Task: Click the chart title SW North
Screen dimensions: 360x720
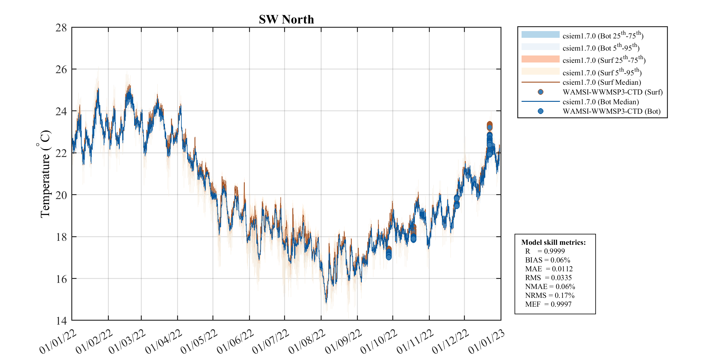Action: tap(286, 20)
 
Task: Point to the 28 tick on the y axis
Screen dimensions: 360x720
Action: tap(61, 28)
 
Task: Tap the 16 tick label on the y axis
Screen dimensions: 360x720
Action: tap(61, 279)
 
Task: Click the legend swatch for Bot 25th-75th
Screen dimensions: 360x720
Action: tap(540, 34)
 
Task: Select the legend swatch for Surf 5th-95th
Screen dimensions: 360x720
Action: tap(540, 71)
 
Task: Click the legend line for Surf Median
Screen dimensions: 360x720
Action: tap(540, 82)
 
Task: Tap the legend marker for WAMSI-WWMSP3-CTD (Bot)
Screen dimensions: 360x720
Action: tap(540, 111)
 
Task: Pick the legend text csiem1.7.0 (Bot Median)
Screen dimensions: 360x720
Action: tap(601, 102)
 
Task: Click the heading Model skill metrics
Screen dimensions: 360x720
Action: tap(553, 242)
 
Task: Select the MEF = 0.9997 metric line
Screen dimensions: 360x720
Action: tap(548, 304)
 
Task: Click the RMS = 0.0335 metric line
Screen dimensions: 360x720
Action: tap(548, 278)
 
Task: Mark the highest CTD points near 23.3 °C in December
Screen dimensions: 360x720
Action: tap(489, 125)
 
